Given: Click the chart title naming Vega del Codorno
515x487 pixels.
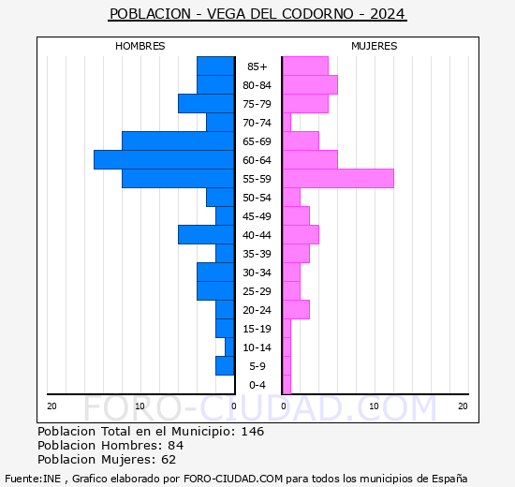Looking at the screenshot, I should pos(257,14).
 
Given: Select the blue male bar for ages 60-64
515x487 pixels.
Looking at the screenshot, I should pos(164,160).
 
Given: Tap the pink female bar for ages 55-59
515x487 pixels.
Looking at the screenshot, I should pos(337,179).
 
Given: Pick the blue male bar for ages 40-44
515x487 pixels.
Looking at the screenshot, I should pos(206,235).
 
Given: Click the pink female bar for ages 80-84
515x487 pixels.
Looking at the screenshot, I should pos(309,85).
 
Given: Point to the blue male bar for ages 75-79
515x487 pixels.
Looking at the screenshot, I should pos(206,104).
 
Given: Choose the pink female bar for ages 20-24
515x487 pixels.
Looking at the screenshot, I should pos(295,310).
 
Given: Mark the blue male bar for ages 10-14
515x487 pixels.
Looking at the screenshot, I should pos(229,347).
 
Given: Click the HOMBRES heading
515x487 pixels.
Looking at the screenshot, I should pos(140,46).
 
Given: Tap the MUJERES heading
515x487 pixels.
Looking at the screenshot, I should pos(374,46).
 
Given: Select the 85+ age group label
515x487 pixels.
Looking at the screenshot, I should pos(257,66).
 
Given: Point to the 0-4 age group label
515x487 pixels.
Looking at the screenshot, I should pos(257,385).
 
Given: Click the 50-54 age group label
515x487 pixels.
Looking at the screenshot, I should pos(257,198).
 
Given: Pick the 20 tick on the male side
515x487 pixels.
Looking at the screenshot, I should pos(52,406).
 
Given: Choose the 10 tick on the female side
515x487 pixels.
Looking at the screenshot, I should pos(374,406).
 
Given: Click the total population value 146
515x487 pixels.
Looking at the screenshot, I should pos(252,432).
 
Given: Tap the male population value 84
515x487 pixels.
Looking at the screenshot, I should pos(175,446).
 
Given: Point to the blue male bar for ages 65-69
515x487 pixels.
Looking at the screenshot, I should pos(178,141).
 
